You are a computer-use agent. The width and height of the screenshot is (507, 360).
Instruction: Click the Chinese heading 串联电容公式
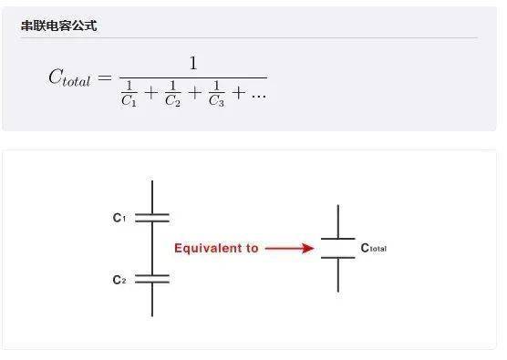59,26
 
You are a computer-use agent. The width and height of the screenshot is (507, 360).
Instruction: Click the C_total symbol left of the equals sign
69,77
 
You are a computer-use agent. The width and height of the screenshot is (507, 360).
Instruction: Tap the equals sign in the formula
105,77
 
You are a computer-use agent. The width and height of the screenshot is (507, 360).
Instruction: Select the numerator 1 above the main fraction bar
193,63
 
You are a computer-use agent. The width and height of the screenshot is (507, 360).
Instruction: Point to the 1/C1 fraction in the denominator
129,94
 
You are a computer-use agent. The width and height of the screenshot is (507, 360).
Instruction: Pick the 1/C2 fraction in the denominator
172,94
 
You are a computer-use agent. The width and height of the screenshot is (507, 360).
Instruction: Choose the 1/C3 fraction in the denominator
216,94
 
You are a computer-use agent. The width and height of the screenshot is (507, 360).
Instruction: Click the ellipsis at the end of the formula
259,96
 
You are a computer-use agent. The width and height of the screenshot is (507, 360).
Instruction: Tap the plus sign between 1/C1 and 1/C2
151,93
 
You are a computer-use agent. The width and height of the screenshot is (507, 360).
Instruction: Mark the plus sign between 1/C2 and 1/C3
194,93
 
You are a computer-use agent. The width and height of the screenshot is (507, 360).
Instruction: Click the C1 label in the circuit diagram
119,218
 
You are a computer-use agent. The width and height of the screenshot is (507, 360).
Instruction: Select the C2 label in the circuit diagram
119,280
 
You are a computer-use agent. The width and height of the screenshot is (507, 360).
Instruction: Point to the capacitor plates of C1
152,218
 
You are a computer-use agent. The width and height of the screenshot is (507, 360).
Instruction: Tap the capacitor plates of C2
152,279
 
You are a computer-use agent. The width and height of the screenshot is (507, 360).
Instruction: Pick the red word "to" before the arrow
253,248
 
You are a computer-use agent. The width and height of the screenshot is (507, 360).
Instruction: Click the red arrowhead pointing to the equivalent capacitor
307,248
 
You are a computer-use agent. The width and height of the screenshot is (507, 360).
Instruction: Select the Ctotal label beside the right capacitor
374,248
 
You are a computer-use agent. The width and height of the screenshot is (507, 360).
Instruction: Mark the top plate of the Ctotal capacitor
338,239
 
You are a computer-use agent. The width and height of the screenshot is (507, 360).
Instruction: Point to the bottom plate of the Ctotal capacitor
338,258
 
